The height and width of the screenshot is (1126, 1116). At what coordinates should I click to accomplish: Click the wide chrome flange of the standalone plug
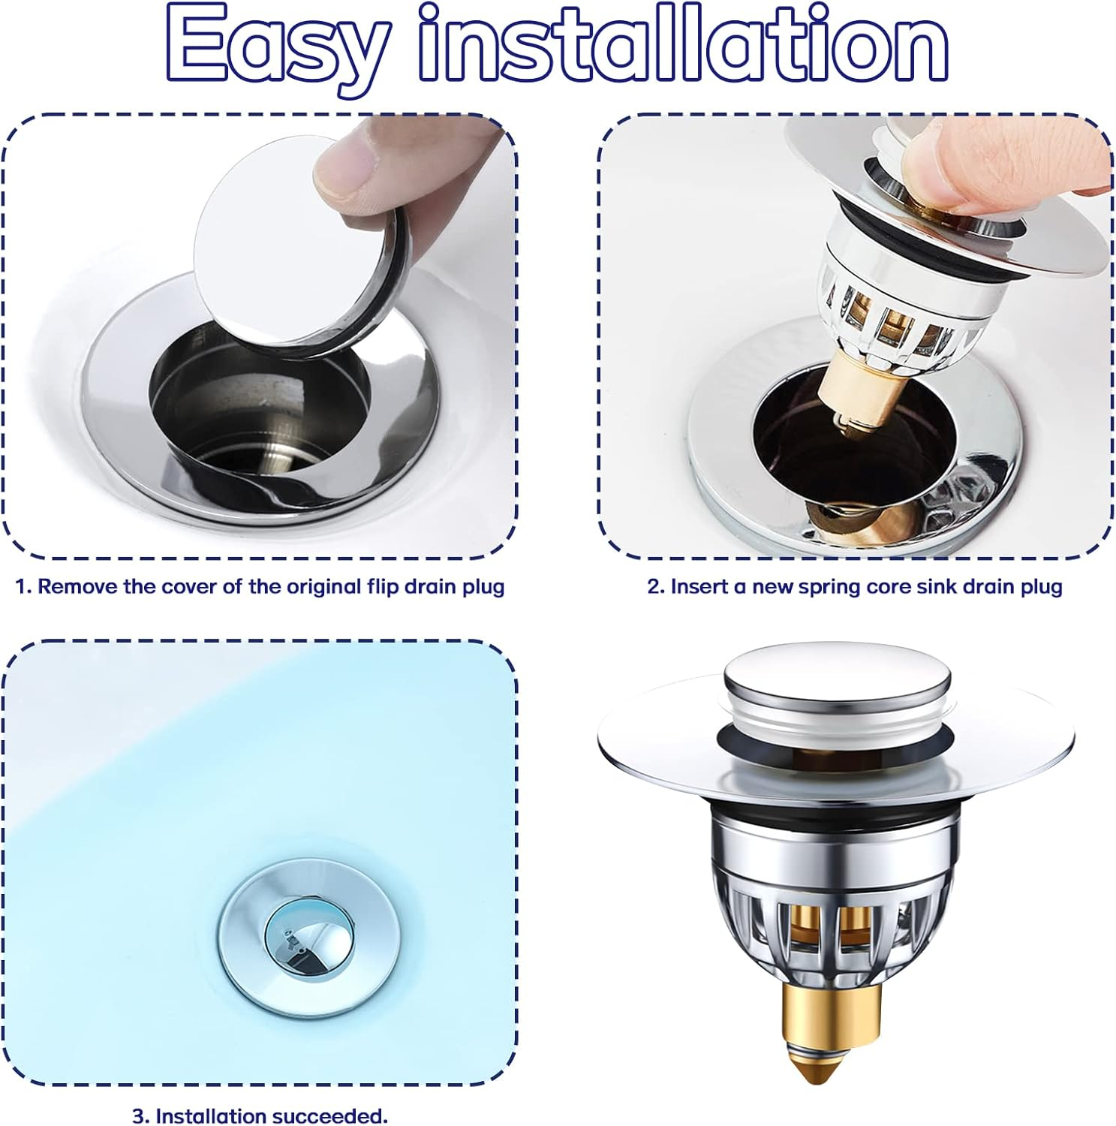point(836,743)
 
